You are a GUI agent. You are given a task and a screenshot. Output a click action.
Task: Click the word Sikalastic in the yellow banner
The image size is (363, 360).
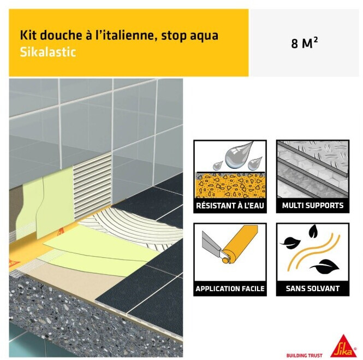click(x=48, y=52)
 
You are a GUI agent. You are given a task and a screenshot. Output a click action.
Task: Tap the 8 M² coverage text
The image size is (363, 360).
click(x=304, y=43)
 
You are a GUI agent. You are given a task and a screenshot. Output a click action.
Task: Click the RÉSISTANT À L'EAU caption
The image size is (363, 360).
click(x=230, y=205)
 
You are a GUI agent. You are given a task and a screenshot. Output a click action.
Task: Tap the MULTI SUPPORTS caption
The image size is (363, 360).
click(x=313, y=205)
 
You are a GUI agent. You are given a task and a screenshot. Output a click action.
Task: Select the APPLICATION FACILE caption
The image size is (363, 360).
click(x=230, y=288)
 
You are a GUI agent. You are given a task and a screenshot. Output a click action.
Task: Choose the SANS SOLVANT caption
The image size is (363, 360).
click(x=313, y=288)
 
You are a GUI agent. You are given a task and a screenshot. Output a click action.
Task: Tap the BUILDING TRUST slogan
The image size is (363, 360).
click(x=304, y=356)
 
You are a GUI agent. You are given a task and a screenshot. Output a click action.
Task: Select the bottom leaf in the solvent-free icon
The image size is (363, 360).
click(x=325, y=267)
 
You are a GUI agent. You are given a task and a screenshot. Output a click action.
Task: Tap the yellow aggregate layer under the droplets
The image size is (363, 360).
click(x=230, y=186)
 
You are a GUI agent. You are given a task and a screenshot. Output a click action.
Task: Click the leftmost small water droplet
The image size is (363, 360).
click(x=217, y=166)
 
